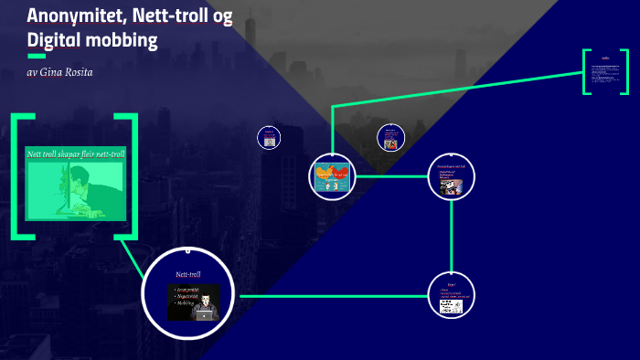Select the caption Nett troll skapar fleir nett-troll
click(x=75, y=153)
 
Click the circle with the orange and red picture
click(x=332, y=175)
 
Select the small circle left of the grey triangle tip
click(x=269, y=138)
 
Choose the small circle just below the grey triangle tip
click(x=390, y=138)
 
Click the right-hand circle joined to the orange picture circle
click(x=451, y=175)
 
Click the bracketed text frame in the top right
click(x=606, y=70)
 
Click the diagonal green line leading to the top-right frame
click(x=457, y=94)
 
